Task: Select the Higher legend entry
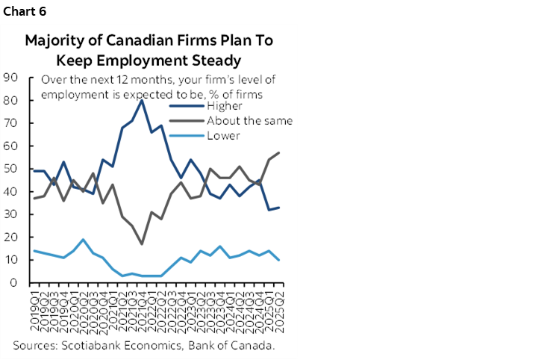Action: [x=234, y=105]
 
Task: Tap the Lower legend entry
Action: [x=233, y=135]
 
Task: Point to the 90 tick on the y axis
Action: [x=11, y=77]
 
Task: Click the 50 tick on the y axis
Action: [x=11, y=169]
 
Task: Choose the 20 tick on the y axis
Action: [x=11, y=238]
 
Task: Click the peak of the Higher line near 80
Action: [x=143, y=100]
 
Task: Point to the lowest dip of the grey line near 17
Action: [x=143, y=244]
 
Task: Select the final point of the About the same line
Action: [x=279, y=152]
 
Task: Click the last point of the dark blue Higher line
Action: [x=279, y=208]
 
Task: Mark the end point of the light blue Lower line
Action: [x=279, y=260]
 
